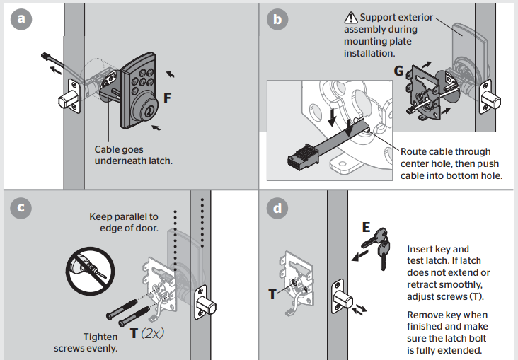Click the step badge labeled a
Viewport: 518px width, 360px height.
[22, 20]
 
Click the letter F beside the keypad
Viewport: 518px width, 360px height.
[167, 98]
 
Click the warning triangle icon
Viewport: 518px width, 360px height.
[350, 18]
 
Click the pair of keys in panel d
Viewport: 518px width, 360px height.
[380, 248]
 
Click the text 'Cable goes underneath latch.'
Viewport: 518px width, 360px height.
[133, 155]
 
